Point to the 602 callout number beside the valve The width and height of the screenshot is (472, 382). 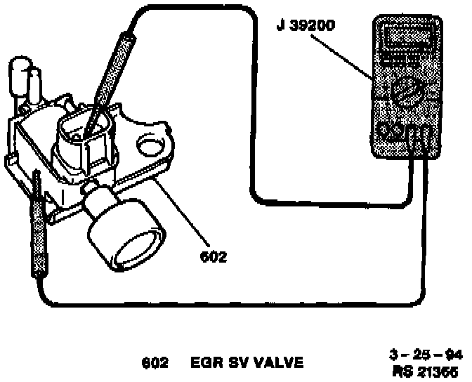(213, 257)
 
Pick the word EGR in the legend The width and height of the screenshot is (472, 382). (204, 363)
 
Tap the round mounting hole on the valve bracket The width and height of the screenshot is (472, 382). (150, 145)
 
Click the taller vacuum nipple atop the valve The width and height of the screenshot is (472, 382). (20, 77)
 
